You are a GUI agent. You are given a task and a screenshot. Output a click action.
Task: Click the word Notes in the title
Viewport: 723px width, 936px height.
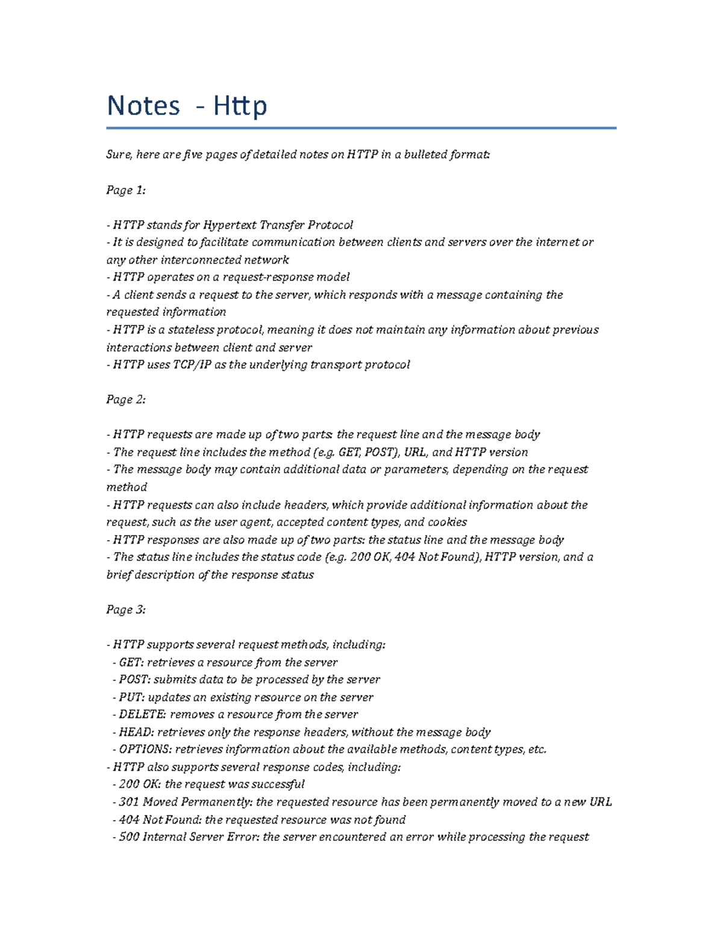click(x=143, y=106)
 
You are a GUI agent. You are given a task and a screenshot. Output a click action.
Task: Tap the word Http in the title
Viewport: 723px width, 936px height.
click(x=239, y=106)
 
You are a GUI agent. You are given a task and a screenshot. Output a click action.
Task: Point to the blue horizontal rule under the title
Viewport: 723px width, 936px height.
click(x=361, y=128)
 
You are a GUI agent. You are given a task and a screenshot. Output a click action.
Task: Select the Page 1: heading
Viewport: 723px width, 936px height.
click(x=126, y=190)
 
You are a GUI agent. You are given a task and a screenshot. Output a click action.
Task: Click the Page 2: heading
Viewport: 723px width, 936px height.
click(x=126, y=400)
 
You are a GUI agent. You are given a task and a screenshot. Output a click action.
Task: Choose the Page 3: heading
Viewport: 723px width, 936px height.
click(x=126, y=609)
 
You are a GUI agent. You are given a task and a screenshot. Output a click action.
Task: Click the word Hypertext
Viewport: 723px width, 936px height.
click(x=230, y=225)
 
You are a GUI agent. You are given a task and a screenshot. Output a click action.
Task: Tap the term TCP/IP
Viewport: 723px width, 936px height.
click(x=192, y=365)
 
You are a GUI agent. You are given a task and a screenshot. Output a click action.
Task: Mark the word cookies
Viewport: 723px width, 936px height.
click(x=447, y=522)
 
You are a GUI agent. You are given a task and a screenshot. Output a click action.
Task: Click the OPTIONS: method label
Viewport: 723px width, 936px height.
click(x=145, y=750)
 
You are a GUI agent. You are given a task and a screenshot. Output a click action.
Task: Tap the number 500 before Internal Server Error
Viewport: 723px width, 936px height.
click(x=129, y=837)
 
